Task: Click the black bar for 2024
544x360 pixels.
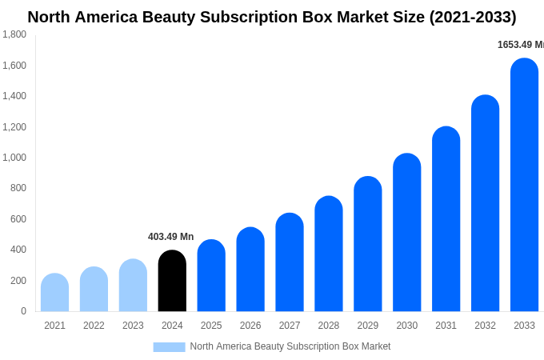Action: click(172, 281)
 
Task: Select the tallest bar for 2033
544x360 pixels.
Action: click(524, 185)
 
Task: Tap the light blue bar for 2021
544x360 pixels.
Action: click(54, 293)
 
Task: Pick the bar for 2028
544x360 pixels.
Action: click(329, 254)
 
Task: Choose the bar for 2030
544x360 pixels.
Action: click(406, 233)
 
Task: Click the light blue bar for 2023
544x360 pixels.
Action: click(133, 286)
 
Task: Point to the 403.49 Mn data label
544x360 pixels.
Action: click(170, 237)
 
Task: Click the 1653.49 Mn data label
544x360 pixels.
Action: click(520, 45)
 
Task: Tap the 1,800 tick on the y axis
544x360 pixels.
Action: click(14, 34)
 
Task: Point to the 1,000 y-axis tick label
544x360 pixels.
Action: click(14, 158)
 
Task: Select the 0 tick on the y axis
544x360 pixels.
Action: click(23, 311)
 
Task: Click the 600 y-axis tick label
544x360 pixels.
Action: click(18, 219)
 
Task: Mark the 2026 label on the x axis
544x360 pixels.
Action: click(250, 326)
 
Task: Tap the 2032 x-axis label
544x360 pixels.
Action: click(485, 326)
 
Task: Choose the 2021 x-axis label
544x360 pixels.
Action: click(54, 326)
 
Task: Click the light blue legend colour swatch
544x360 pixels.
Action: click(169, 347)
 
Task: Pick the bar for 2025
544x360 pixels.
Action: click(211, 276)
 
